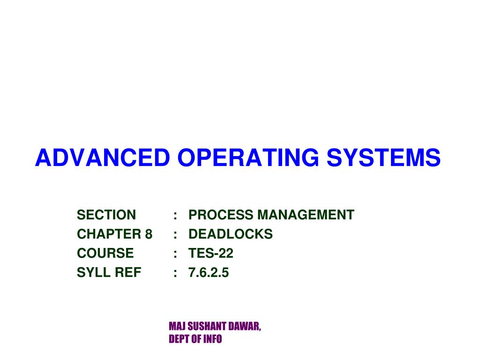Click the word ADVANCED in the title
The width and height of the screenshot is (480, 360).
coord(102,157)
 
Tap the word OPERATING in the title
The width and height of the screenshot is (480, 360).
coord(247,157)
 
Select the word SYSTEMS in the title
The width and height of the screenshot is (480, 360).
coord(384,157)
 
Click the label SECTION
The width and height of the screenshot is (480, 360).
coord(106,215)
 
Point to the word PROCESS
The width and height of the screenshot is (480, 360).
coord(220,215)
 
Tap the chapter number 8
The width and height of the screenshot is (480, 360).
coord(149,234)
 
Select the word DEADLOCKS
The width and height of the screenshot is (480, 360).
coord(231,234)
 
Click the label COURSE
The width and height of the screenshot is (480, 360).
coord(105,254)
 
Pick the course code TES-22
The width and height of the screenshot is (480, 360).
coord(211,254)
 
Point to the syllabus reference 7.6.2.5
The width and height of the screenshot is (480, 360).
coord(209,273)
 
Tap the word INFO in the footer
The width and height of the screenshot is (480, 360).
coord(212,339)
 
